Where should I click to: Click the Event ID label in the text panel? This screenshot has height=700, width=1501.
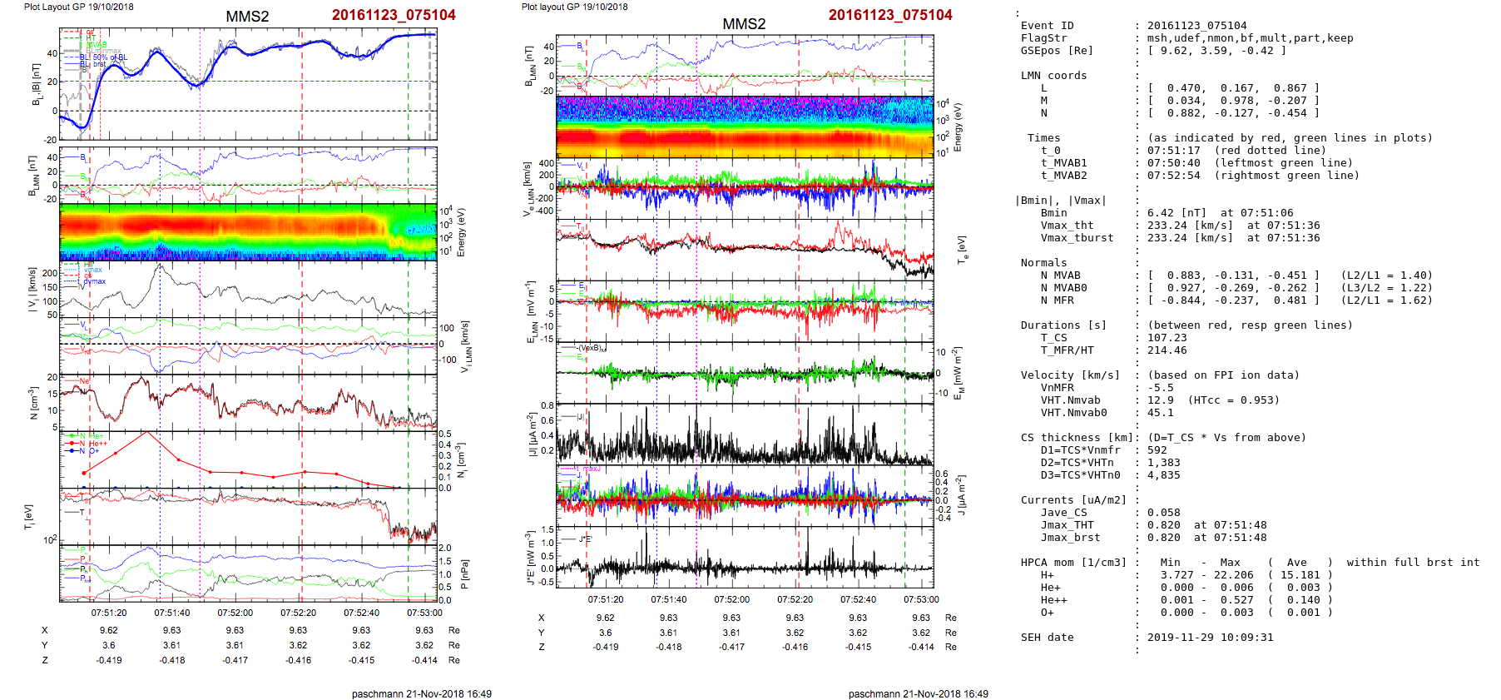(1047, 26)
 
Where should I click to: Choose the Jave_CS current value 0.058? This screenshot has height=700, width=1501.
(1163, 513)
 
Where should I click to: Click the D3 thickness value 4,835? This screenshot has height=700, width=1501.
(1163, 475)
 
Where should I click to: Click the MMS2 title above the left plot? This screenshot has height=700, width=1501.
(247, 17)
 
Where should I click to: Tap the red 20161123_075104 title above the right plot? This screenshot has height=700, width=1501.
(890, 15)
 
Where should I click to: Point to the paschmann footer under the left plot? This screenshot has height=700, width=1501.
(421, 693)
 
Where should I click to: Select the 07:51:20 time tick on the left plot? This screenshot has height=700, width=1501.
(109, 613)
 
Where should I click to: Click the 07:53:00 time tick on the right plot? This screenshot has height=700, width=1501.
(921, 599)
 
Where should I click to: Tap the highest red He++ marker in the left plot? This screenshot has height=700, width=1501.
(147, 432)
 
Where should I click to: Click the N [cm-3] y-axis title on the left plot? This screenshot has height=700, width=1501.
(34, 403)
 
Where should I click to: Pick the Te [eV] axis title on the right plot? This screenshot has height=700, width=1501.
(962, 249)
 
